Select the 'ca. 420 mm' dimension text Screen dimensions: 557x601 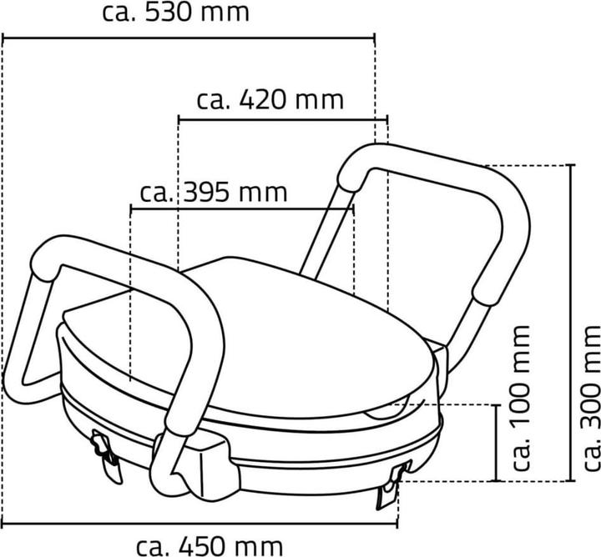pos(270,99)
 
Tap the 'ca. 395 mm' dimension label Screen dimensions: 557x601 pos(214,192)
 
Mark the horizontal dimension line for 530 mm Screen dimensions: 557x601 pos(189,37)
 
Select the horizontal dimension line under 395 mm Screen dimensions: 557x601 pos(242,208)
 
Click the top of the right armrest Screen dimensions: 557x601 pos(417,158)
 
